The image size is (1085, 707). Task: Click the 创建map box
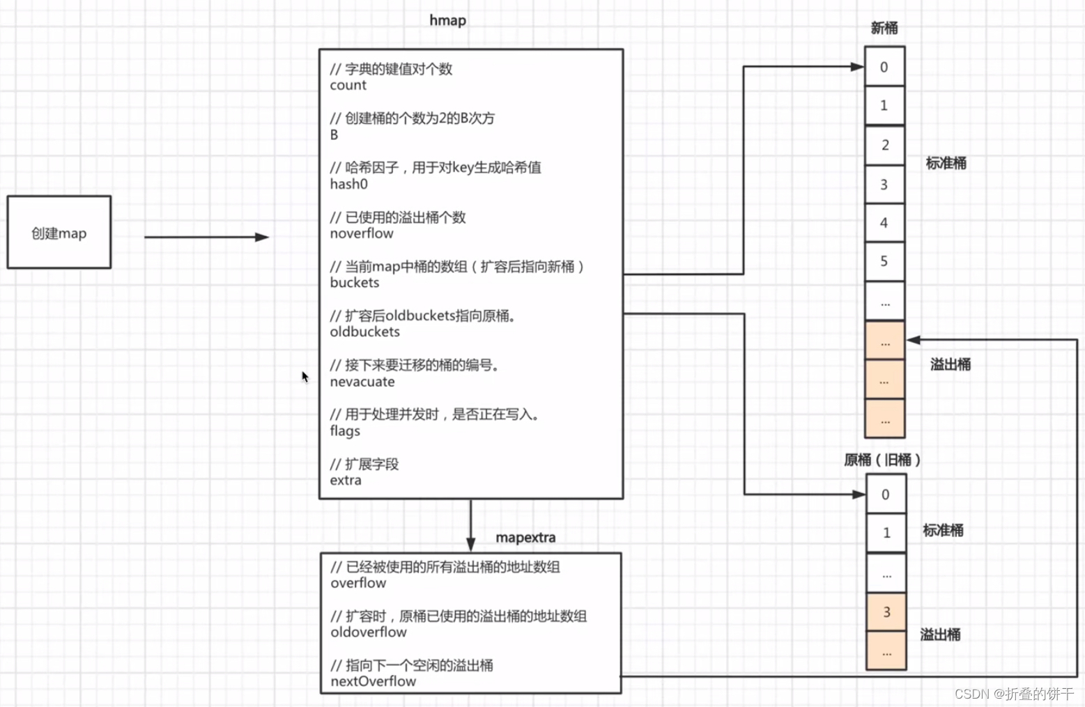[x=59, y=233]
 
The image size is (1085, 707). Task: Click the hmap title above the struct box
[x=447, y=20]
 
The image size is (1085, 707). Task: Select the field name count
[x=348, y=86]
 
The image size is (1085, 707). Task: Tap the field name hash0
[x=348, y=185]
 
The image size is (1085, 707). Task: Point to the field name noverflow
[x=362, y=234]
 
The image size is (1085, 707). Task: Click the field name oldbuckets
[x=364, y=332]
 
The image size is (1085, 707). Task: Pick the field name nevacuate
[x=362, y=382]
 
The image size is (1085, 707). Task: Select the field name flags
[x=345, y=431]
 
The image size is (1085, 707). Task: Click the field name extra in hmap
[x=346, y=481]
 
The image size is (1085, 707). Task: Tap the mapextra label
[x=525, y=538]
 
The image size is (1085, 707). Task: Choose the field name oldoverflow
[x=369, y=632]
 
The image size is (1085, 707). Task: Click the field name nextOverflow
[x=373, y=681]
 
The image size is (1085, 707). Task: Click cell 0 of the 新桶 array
[x=884, y=67]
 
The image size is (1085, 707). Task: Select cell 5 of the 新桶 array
[x=884, y=261]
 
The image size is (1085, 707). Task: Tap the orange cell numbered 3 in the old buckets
[x=886, y=612]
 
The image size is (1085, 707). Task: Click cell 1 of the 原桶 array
[x=886, y=533]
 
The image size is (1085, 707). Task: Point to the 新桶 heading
[x=884, y=28]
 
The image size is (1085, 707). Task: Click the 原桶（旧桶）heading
[x=882, y=460]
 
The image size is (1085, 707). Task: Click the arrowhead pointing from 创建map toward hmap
[x=262, y=238]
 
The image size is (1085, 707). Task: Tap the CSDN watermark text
[x=1014, y=694]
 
